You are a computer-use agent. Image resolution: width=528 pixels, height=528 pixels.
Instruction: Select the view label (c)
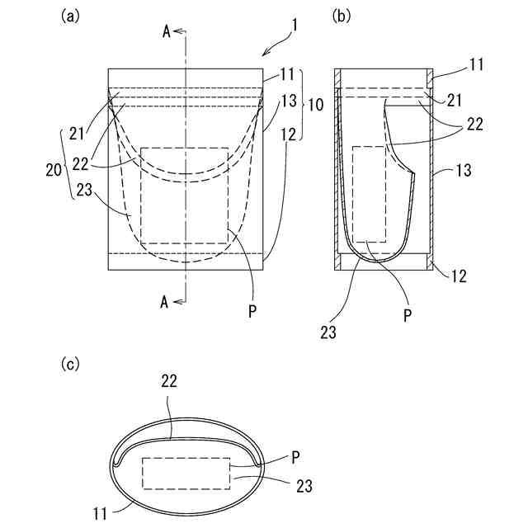point(72,364)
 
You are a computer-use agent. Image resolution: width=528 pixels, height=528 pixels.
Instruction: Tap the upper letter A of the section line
point(166,31)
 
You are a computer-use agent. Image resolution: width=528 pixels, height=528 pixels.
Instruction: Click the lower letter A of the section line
point(166,303)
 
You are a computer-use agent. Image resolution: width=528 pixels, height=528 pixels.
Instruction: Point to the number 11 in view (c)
point(100,513)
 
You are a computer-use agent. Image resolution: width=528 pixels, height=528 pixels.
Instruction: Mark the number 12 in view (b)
point(460,276)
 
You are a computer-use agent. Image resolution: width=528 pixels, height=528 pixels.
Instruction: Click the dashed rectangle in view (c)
point(186,473)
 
